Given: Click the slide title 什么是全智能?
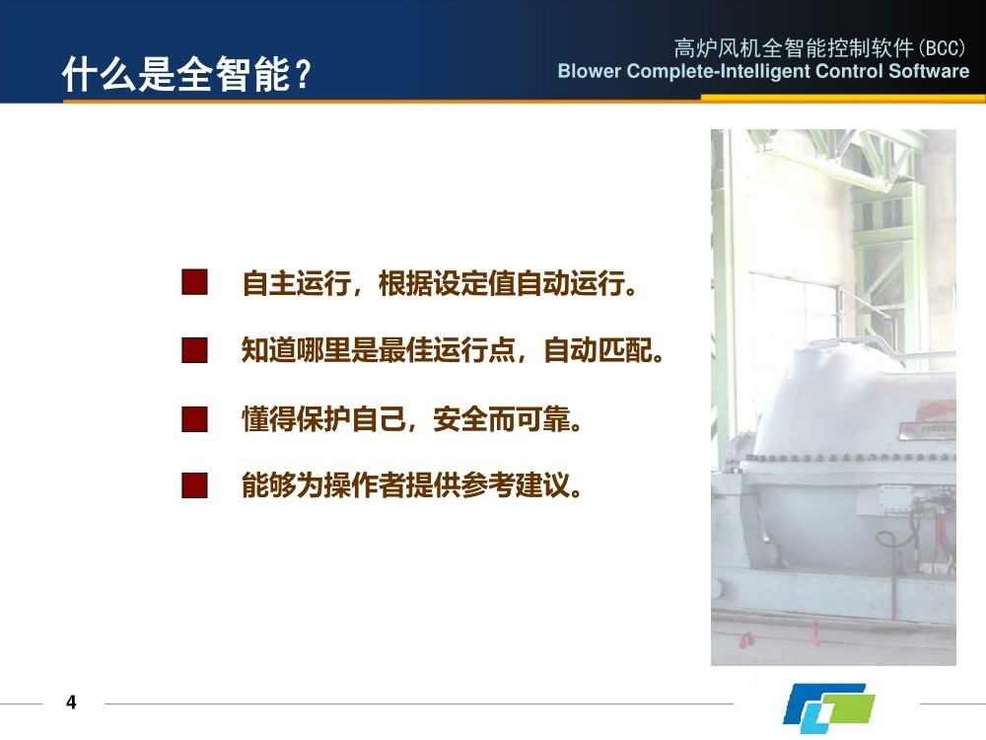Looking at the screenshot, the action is (x=186, y=74).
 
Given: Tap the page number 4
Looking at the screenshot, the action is (x=71, y=703).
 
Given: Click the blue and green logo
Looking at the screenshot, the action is (x=829, y=707).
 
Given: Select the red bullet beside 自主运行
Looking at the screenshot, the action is (x=194, y=282).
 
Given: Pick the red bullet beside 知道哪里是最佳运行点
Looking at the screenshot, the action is (x=194, y=350).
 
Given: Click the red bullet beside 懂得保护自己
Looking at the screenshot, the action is (x=194, y=418).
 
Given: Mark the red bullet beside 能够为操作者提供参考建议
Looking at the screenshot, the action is (x=194, y=485).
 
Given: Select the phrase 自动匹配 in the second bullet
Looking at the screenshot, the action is (x=599, y=350).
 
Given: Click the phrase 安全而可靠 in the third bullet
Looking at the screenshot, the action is (x=501, y=418).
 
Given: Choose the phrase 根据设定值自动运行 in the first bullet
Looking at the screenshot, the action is (x=501, y=282).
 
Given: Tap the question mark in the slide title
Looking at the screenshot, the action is (x=303, y=75).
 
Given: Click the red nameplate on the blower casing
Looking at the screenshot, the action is (x=935, y=411).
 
